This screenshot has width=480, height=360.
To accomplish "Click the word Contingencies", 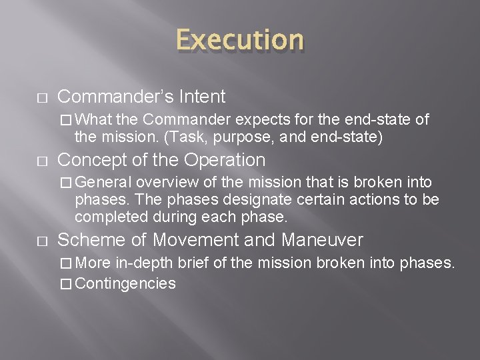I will click(125, 283).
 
